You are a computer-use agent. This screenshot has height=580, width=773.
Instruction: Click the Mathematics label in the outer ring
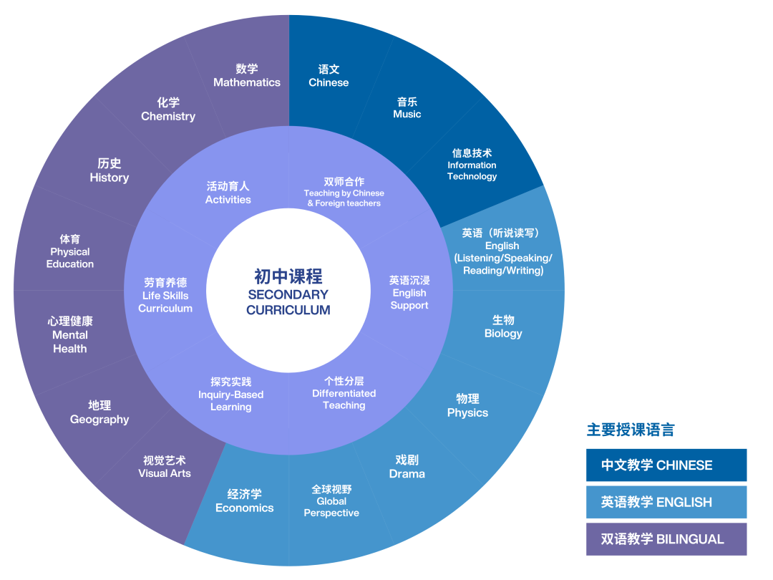pyautogui.click(x=247, y=76)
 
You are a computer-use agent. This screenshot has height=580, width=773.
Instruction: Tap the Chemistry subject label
pyautogui.click(x=168, y=110)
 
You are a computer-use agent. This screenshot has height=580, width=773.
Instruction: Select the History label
pyautogui.click(x=110, y=170)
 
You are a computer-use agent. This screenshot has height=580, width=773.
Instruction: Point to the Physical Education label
pyautogui.click(x=70, y=251)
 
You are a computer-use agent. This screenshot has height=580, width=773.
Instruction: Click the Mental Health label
pyautogui.click(x=70, y=335)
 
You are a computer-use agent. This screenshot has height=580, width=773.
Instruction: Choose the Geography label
pyautogui.click(x=99, y=412)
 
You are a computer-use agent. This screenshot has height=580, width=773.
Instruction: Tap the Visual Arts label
pyautogui.click(x=165, y=467)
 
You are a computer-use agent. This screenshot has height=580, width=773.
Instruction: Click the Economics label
pyautogui.click(x=245, y=501)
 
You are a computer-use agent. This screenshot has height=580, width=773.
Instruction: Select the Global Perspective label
pyautogui.click(x=331, y=501)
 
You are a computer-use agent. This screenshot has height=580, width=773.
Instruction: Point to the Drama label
pyautogui.click(x=407, y=467)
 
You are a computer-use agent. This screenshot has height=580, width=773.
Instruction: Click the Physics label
pyautogui.click(x=467, y=406)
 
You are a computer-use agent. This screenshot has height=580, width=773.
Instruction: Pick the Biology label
pyautogui.click(x=503, y=327)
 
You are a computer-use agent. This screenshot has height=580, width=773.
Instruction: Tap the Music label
pyautogui.click(x=407, y=108)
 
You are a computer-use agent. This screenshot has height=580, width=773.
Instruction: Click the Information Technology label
pyautogui.click(x=472, y=165)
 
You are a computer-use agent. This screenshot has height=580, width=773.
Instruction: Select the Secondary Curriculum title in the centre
pyautogui.click(x=288, y=293)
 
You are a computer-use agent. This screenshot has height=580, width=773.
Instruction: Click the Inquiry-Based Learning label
pyautogui.click(x=231, y=395)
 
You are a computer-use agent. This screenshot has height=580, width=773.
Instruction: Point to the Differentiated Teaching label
pyautogui.click(x=344, y=393)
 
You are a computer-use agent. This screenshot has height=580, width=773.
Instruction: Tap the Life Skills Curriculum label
pyautogui.click(x=165, y=296)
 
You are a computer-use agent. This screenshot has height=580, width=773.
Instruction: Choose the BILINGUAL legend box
pyautogui.click(x=666, y=539)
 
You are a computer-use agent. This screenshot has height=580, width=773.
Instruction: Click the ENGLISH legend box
pyautogui.click(x=666, y=502)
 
